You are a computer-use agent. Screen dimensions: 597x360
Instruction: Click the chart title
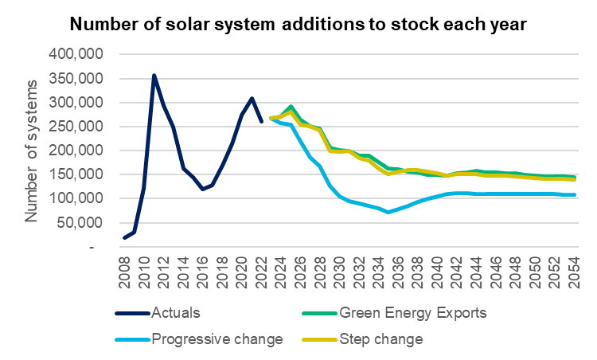[x=298, y=25]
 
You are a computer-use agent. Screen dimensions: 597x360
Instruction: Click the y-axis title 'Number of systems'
[x=31, y=151]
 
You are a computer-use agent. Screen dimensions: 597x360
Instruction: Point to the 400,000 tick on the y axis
[x=76, y=54]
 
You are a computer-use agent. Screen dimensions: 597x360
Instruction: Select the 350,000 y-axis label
[x=76, y=79]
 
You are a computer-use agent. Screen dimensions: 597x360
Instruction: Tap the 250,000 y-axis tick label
[x=76, y=127]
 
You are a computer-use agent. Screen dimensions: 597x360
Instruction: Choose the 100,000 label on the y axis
[x=76, y=198]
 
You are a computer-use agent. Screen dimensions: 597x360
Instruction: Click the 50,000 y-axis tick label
[x=80, y=223]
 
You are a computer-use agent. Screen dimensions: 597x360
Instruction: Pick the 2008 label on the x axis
[x=124, y=272]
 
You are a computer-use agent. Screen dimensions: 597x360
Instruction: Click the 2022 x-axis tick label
[x=261, y=272]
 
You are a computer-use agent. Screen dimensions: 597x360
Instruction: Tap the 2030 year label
[x=339, y=272]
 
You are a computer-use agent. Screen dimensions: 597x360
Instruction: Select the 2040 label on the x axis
[x=437, y=272]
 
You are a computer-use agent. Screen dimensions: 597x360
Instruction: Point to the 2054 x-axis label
[x=574, y=272]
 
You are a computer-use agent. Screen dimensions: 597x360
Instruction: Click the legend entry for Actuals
[x=158, y=313]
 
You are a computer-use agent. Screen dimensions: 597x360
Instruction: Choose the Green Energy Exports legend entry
[x=395, y=313]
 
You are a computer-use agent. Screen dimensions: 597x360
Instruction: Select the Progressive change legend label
[x=199, y=339]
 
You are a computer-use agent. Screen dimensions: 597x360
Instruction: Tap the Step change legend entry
[x=362, y=339]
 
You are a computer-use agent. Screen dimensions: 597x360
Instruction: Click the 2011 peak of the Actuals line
[x=154, y=76]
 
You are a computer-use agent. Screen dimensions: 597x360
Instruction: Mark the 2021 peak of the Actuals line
[x=252, y=98]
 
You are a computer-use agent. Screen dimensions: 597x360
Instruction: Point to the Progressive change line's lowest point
[x=388, y=212]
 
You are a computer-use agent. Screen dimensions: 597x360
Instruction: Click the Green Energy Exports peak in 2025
[x=291, y=106]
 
